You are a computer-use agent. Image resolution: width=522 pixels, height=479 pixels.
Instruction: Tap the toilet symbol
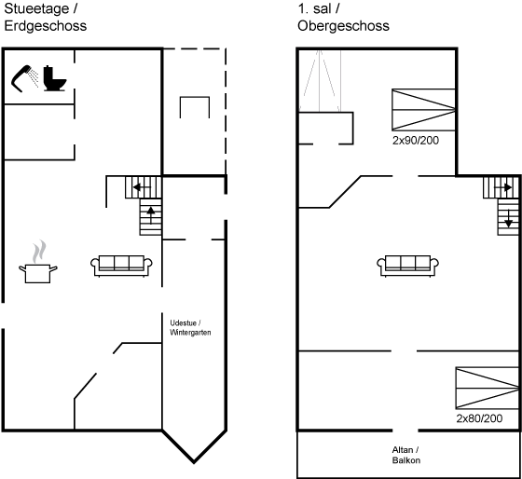(55, 78)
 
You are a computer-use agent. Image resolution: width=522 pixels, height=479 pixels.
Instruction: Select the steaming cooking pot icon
(37, 263)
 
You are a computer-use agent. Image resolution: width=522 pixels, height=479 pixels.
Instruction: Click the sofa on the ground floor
(121, 266)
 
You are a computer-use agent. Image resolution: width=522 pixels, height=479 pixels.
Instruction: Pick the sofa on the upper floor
(408, 266)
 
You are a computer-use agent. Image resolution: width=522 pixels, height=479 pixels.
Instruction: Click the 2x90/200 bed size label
(416, 141)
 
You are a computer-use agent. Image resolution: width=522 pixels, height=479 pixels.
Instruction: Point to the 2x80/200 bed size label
(479, 418)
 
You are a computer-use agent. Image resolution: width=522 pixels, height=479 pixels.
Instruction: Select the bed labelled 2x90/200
(423, 110)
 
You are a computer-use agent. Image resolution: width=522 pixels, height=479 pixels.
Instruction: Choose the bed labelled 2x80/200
(487, 388)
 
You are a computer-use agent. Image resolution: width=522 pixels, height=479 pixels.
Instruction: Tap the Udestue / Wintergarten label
(190, 327)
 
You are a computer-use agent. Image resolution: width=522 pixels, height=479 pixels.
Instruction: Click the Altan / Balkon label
(406, 455)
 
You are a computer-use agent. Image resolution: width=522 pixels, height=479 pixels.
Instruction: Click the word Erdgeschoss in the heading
(46, 26)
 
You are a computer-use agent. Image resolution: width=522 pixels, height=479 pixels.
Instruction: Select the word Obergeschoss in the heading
(343, 26)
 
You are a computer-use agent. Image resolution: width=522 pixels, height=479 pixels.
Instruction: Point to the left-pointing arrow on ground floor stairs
(141, 187)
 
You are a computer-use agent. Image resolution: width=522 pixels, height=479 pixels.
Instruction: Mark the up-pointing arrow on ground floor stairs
(151, 214)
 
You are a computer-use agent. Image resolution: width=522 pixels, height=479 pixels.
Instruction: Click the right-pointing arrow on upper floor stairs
(503, 187)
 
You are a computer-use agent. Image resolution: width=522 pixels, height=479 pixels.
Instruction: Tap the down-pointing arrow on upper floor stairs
(508, 219)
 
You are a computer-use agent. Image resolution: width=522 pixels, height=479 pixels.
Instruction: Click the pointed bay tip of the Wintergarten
(194, 462)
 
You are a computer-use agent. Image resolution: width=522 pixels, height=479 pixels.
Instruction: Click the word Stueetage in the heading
(36, 8)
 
